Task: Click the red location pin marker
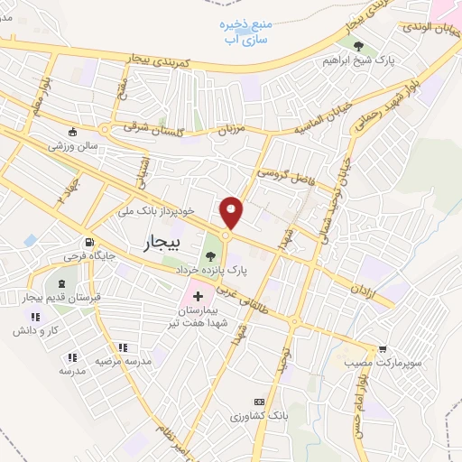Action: point(232,213)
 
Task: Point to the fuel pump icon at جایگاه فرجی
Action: point(88,243)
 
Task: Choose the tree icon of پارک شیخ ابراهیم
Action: point(359,47)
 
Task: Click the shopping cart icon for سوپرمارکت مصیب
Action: point(383,348)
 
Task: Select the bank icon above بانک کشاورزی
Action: point(260,401)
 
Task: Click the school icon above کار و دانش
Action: point(36,317)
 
